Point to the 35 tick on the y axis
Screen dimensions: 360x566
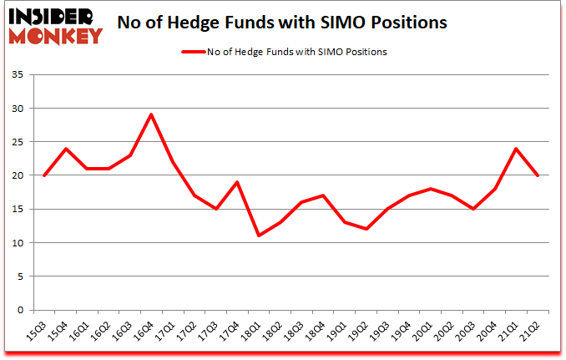tap(18, 75)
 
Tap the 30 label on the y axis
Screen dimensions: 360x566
tap(18, 109)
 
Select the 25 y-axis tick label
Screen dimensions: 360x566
tap(18, 142)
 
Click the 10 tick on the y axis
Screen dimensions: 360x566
tap(18, 243)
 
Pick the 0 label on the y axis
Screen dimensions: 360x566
tap(21, 310)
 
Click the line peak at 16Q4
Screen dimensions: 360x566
tap(150, 115)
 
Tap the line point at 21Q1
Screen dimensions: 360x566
tap(517, 149)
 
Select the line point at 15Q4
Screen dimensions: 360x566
tap(65, 149)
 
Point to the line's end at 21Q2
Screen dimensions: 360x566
tap(538, 175)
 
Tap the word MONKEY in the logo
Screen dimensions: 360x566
tap(56, 35)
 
